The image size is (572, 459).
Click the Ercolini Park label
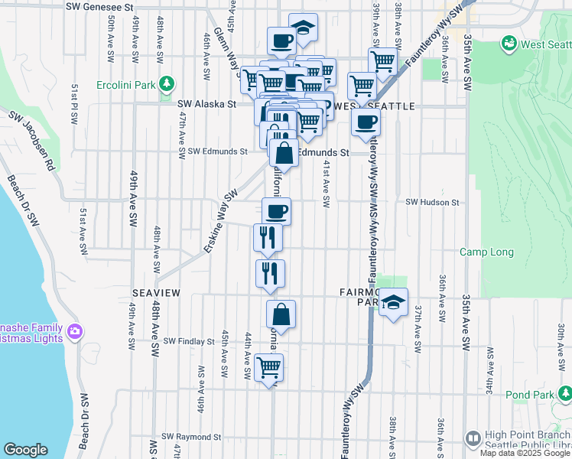tap(126, 83)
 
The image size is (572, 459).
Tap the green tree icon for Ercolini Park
tap(166, 83)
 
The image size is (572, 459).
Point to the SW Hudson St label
tap(432, 203)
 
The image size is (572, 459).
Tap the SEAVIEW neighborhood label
tap(156, 293)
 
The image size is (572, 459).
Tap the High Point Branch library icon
tap(473, 438)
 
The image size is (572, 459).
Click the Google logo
tap(25, 450)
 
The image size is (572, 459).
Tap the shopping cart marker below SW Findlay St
tap(268, 368)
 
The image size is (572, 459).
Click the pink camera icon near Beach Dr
tap(75, 331)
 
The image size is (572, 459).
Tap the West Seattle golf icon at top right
tap(509, 44)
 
